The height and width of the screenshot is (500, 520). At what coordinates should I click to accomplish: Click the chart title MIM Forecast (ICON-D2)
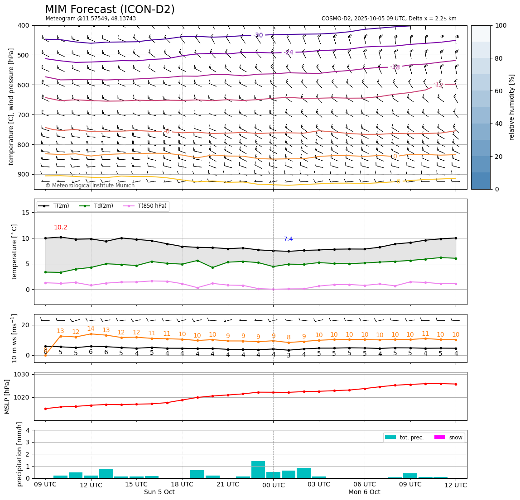coord(110,10)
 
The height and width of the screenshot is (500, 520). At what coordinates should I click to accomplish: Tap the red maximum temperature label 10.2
coord(60,228)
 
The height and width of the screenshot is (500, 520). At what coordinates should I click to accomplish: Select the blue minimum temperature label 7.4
coord(288,239)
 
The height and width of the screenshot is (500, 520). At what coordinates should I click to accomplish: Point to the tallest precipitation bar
coord(258,470)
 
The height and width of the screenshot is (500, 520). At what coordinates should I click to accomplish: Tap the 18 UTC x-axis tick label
coord(182,485)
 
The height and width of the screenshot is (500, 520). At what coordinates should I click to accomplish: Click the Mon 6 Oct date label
coord(364,492)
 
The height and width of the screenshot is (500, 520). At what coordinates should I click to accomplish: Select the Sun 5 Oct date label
coord(159,492)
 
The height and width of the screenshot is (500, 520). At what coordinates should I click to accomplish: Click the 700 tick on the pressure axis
coord(23,115)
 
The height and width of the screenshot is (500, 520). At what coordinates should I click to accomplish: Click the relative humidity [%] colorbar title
coord(512,107)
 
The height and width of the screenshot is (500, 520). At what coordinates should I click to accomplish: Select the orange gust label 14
coord(91,329)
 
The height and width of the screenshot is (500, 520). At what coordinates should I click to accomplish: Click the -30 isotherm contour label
coord(258,35)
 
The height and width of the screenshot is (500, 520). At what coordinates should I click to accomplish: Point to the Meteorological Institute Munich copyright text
coord(90,186)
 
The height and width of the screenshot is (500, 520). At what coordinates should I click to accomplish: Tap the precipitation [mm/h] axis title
coord(19,454)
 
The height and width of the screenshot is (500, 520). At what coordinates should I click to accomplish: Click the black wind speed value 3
coord(289,356)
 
